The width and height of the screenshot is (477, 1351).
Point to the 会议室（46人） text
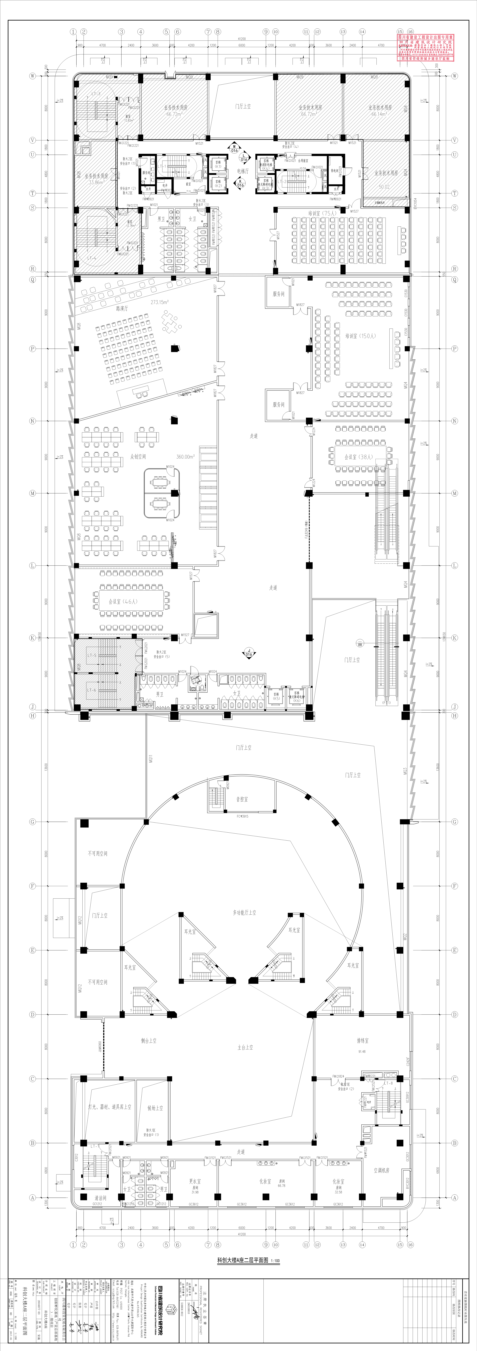coord(123,602)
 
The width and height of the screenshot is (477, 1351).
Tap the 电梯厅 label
coord(242,171)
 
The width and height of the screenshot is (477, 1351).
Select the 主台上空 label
coord(245,1047)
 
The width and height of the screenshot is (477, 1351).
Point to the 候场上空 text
coord(155,1108)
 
